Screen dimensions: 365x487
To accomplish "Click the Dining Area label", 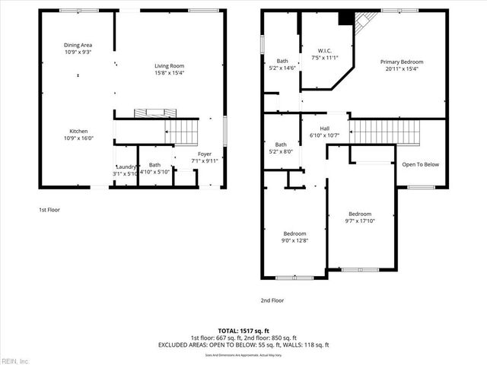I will tap(78, 45).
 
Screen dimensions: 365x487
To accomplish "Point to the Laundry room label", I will tap(126, 167).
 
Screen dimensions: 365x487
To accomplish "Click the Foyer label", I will tap(183, 153).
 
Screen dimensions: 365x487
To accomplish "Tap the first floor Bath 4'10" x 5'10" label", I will tap(154, 165).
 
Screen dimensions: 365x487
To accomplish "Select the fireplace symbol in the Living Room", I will tap(151, 113).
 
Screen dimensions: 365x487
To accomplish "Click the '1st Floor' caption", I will tap(49, 209).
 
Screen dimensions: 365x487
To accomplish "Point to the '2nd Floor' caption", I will tap(272, 300).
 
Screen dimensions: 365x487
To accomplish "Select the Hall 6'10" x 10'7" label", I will tap(325, 129).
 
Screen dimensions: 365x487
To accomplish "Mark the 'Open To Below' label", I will tap(420, 164).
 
